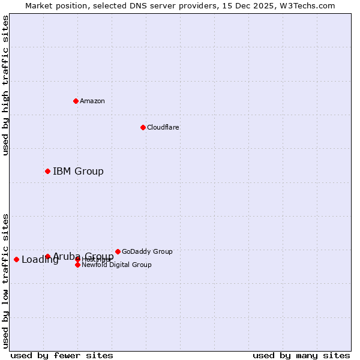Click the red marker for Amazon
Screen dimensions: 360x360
click(x=76, y=101)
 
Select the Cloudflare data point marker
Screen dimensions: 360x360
click(x=143, y=127)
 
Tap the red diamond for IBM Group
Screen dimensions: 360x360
click(x=47, y=171)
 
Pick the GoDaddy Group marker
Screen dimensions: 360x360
click(x=118, y=251)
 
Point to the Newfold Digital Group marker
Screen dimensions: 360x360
click(x=77, y=265)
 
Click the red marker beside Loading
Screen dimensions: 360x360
click(x=16, y=259)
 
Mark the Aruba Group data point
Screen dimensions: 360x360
click(x=47, y=256)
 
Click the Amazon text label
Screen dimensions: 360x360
click(x=92, y=101)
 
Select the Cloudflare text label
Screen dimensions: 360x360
click(x=163, y=127)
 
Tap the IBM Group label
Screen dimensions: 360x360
click(x=78, y=172)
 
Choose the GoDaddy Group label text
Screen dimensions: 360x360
click(x=147, y=251)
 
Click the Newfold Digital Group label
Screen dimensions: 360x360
click(x=116, y=265)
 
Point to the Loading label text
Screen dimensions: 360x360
click(x=40, y=260)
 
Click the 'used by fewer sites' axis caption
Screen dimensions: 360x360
click(x=62, y=356)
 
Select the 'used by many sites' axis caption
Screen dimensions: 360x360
click(x=301, y=356)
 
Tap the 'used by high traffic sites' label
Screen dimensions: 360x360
click(x=5, y=85)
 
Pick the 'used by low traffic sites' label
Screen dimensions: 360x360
click(x=5, y=280)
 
